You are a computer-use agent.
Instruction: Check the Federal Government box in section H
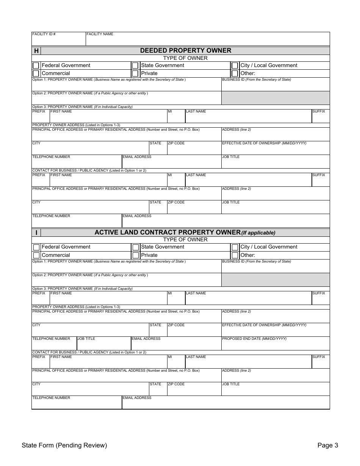[x=36, y=66]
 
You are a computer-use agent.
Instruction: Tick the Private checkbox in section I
[x=135, y=255]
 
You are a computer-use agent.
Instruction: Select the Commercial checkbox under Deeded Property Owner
[x=36, y=73]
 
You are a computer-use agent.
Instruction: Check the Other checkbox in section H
[x=235, y=73]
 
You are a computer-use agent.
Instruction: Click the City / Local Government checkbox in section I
[x=235, y=247]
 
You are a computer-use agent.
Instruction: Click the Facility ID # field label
[x=44, y=34]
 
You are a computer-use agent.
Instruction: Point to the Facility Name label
[x=100, y=34]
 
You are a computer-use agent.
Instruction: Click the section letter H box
[x=36, y=51]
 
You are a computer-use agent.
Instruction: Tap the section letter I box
[x=36, y=233]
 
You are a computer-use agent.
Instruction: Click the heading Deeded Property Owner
[x=185, y=50]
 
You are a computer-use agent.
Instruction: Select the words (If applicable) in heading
[x=258, y=233]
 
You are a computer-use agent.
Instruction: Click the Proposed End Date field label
[x=254, y=339]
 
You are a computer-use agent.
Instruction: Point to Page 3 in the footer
[x=327, y=446]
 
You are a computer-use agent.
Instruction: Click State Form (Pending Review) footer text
[x=64, y=446]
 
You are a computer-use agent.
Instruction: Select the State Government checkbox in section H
[x=135, y=66]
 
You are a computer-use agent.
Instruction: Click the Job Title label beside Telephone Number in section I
[x=86, y=339]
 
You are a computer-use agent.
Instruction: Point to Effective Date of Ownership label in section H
[x=264, y=143]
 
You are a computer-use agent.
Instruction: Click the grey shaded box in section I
[x=275, y=280]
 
